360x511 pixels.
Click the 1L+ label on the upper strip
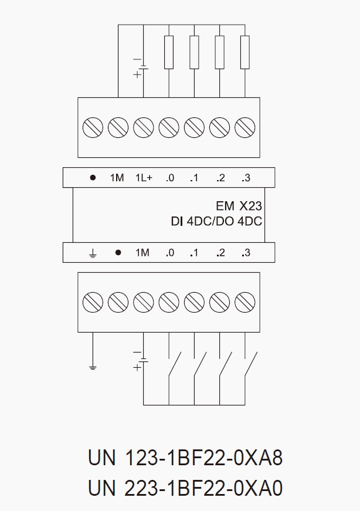(144, 178)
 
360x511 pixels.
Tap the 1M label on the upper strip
(117, 178)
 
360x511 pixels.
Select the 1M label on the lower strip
(142, 253)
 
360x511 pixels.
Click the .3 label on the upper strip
(245, 178)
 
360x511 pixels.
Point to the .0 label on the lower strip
(169, 253)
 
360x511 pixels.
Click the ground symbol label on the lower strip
(93, 253)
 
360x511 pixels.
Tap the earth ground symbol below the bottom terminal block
(93, 367)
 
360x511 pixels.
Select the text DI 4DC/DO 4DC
(216, 221)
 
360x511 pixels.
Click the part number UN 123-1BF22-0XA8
(185, 458)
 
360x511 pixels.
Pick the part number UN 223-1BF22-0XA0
(185, 488)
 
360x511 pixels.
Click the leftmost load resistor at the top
(169, 52)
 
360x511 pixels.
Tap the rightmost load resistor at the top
(245, 52)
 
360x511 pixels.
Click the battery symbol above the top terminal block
(141, 66)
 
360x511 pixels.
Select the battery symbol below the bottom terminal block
(141, 360)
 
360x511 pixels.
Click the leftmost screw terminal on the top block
(93, 127)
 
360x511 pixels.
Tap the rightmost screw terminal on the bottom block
(244, 302)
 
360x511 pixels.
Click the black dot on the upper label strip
(93, 178)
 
